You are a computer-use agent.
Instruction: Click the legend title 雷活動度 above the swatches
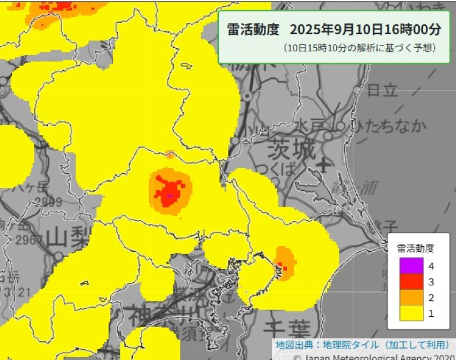(416, 248)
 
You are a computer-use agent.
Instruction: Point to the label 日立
(382, 90)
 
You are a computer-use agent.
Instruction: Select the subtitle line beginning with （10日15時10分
(359, 48)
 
